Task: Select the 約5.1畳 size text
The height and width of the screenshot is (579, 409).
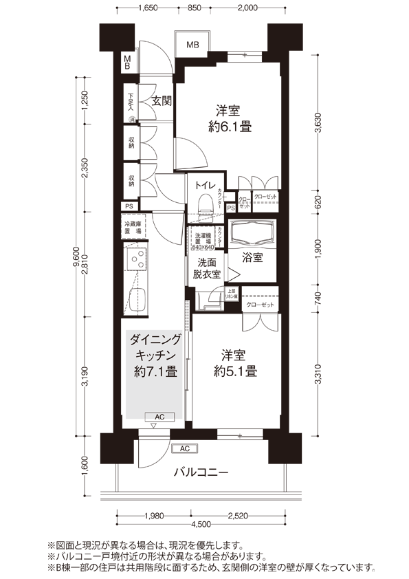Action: [235, 371]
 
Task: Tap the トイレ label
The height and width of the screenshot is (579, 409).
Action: [203, 185]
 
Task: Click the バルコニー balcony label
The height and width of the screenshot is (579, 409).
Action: [200, 472]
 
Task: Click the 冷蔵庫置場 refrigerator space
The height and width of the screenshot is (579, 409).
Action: [133, 228]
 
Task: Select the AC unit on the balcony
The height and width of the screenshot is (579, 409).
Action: [184, 448]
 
